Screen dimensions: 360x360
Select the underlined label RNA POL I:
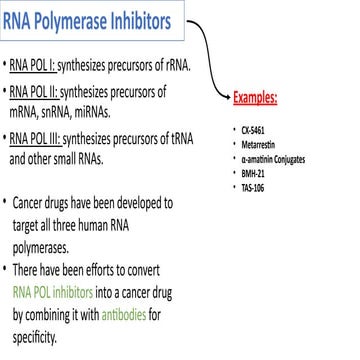point(38,67)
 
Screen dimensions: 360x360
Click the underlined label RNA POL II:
point(40,97)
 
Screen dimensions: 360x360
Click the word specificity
point(34,333)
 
